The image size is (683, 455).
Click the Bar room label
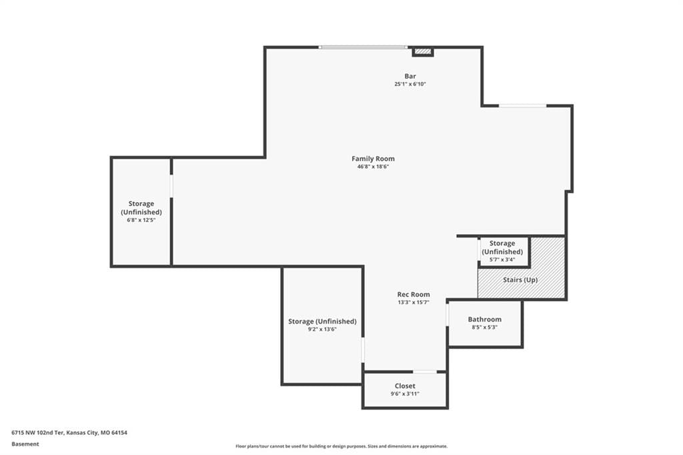410,76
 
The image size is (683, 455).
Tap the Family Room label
374,159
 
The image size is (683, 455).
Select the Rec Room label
414,294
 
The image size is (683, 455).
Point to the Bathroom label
484,320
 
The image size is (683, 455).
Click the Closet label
405,386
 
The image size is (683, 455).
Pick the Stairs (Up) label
520,280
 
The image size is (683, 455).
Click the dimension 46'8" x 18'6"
373,167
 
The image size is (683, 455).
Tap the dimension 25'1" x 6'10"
410,84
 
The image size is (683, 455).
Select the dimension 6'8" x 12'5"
141,220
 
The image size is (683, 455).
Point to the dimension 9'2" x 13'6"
322,329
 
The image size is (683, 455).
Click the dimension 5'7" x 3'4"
502,260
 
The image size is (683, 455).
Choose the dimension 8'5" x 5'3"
484,328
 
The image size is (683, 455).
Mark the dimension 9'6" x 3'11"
405,394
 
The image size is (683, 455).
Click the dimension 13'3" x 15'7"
414,302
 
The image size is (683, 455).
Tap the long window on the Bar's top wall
363,47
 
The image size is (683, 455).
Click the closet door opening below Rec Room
425,372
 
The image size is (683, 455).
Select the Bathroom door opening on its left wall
448,314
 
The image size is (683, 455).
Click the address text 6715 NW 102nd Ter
38,433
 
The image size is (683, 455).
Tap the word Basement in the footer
25,444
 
